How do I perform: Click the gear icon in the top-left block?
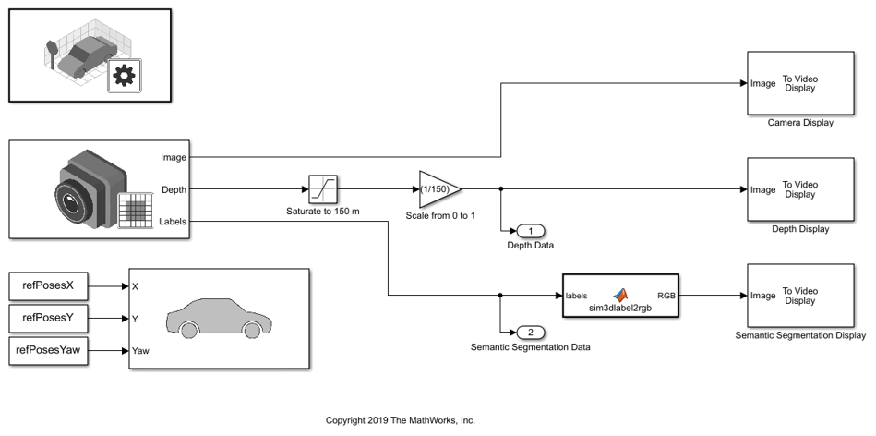tap(122, 77)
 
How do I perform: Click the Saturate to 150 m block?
tap(322, 189)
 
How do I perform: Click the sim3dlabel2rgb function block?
tap(619, 295)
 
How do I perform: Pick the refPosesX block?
tap(47, 285)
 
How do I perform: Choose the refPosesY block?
tap(47, 318)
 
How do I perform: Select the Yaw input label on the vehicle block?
tap(141, 351)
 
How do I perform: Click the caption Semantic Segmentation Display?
tap(800, 335)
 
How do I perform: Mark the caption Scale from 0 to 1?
tap(441, 215)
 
